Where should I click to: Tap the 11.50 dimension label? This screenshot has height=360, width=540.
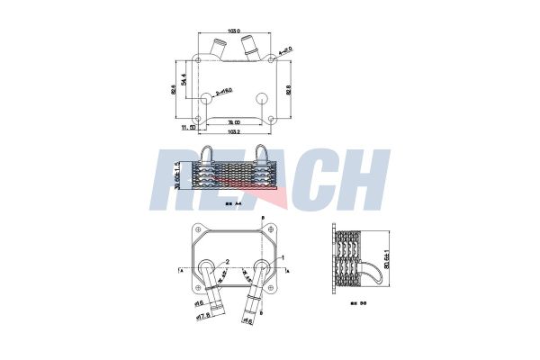click(188, 129)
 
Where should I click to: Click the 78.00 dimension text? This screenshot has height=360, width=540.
click(233, 122)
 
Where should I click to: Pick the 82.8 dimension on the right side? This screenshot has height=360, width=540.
click(289, 90)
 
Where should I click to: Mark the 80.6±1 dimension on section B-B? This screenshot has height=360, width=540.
click(388, 257)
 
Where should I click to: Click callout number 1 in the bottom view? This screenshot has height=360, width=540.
click(285, 256)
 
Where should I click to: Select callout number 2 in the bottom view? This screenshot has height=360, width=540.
click(229, 261)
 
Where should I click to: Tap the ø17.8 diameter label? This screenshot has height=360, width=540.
click(203, 315)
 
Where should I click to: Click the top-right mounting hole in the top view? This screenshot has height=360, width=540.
click(271, 63)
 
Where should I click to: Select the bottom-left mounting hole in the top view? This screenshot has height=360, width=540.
click(200, 116)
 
